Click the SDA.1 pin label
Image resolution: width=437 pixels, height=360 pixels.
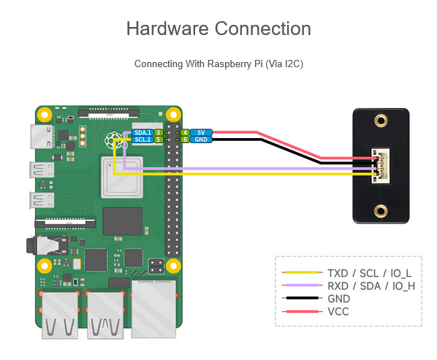[x=142, y=133]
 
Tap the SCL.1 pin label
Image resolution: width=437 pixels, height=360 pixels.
[x=142, y=139]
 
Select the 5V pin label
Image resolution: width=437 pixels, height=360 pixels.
[x=201, y=133]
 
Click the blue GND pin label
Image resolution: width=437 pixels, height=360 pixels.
[x=201, y=139]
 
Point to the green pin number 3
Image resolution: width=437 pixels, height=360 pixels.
[x=159, y=133]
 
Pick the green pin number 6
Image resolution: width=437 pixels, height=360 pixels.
[x=186, y=139]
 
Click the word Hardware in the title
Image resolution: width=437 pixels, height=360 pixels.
[x=167, y=28]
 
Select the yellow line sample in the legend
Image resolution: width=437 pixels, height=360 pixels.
[x=302, y=272]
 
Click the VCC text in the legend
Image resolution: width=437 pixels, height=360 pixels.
[x=338, y=312]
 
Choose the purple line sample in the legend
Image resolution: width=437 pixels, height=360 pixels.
[x=302, y=285]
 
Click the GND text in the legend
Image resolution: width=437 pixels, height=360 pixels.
[x=338, y=299]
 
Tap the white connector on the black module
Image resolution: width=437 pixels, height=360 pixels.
[x=381, y=166]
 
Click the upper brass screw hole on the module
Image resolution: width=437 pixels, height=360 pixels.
[x=381, y=120]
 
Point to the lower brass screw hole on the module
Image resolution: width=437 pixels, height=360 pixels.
[x=381, y=211]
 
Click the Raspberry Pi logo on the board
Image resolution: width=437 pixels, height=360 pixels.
[x=113, y=142]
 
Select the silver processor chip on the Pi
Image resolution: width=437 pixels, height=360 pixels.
[x=122, y=177]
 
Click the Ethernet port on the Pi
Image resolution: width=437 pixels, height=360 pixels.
[x=153, y=309]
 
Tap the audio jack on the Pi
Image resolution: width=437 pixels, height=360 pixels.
[x=47, y=245]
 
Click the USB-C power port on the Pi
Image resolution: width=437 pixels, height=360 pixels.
[x=42, y=137]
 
